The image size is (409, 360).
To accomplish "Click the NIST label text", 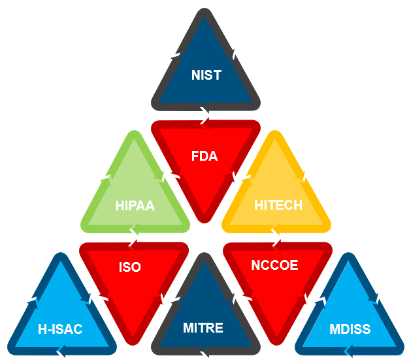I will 206,74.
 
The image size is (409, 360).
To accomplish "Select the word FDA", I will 204,156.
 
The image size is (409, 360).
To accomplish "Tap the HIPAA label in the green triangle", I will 135,205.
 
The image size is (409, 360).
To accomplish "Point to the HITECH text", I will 278,205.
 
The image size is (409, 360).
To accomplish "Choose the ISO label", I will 130,267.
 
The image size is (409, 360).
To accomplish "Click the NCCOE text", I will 274,265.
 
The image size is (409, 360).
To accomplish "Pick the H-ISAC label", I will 60,329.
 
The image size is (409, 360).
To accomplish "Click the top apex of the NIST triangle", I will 206,14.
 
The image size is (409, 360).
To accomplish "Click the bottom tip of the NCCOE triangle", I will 276,338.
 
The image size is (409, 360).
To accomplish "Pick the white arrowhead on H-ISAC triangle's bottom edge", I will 60,353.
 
